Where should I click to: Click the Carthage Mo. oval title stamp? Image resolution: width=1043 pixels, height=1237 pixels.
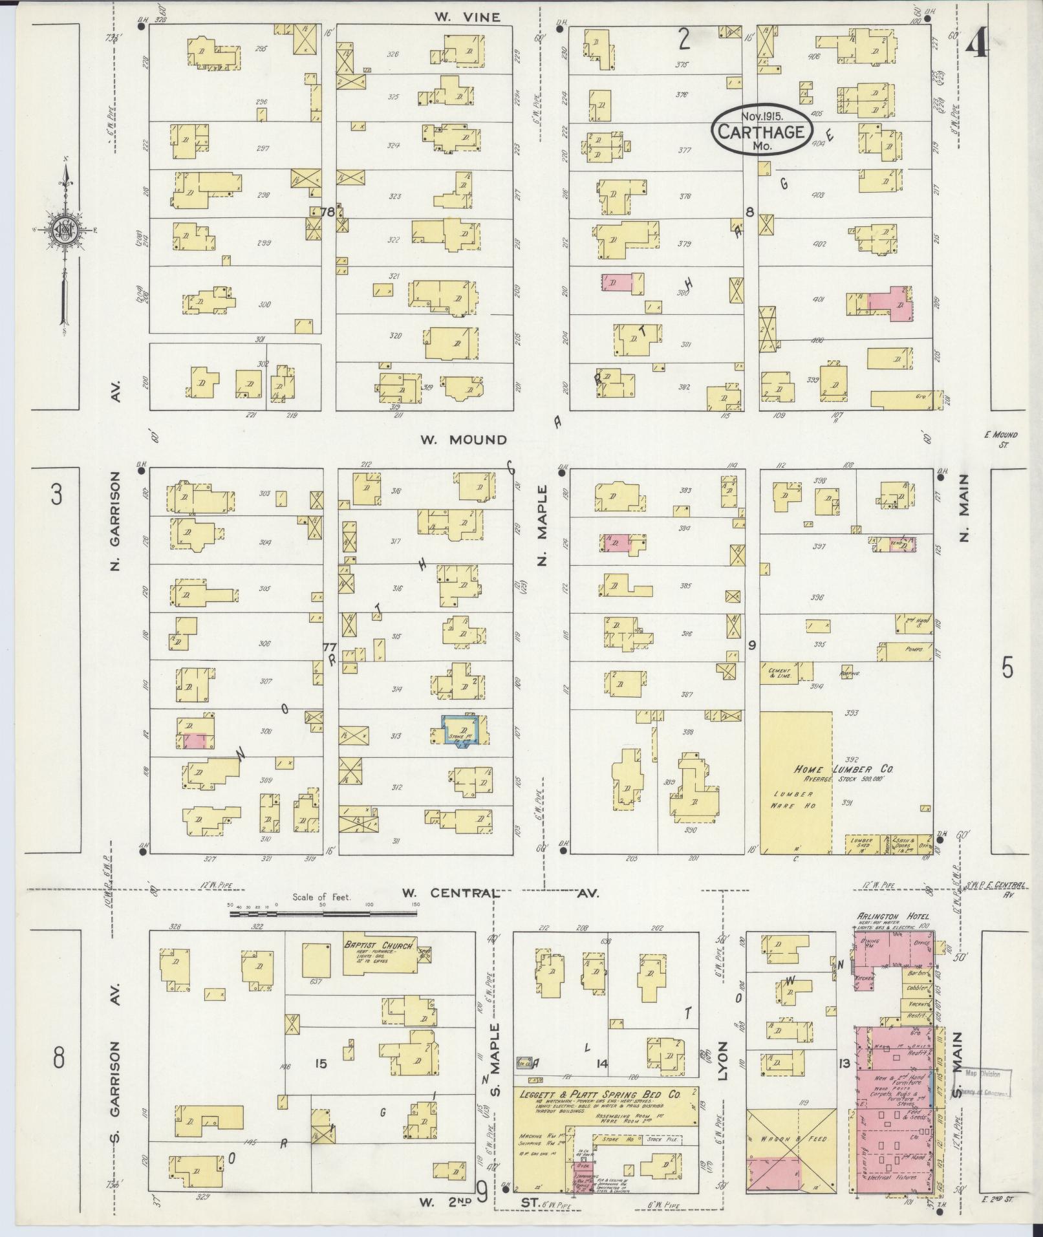coord(760,131)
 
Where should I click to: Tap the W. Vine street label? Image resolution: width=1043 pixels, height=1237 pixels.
coord(468,17)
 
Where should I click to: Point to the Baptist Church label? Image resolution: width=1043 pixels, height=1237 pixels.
coord(378,945)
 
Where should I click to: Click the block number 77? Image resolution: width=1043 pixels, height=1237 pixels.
coord(330,647)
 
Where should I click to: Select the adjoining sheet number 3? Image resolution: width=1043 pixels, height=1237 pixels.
coord(57,496)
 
